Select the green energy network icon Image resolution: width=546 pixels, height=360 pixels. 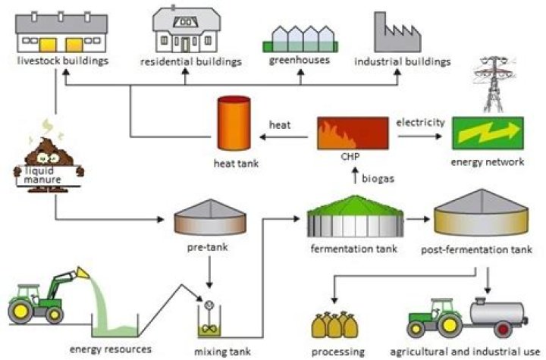tap(486, 133)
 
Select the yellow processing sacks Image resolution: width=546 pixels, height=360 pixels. tap(337, 324)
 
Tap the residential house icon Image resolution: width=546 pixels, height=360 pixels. tap(184, 29)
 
